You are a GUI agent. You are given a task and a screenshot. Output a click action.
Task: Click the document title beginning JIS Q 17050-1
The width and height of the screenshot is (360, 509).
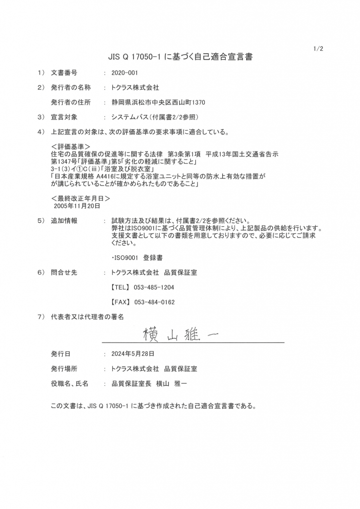180,57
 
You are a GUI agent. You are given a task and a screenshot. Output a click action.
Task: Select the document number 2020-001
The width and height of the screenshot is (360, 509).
125,73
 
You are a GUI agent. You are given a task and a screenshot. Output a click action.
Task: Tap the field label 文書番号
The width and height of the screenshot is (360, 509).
64,73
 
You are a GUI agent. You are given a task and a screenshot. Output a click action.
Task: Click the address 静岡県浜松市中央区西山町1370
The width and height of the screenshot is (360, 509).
158,102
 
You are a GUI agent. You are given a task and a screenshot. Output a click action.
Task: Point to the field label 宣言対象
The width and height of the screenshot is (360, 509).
64,117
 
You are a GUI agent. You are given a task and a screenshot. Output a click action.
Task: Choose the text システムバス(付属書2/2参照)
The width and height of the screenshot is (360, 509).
155,117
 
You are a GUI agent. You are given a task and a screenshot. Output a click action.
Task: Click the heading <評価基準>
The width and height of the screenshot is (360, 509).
70,148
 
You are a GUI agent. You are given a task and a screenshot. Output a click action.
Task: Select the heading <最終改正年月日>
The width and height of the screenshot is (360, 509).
80,198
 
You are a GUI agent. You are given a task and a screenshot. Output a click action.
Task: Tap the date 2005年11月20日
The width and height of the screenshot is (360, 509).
77,205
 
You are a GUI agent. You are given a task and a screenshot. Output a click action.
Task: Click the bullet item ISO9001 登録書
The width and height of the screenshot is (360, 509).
137,258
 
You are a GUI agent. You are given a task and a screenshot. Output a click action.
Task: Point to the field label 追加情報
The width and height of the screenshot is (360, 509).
64,221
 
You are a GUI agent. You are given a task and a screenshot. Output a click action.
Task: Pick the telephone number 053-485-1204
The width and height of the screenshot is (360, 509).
154,287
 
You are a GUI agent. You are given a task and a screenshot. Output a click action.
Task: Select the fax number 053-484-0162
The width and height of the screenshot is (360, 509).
154,302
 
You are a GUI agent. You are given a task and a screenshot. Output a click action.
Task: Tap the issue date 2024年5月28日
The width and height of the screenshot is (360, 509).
133,354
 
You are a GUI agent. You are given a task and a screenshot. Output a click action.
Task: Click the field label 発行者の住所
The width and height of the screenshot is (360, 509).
71,102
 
